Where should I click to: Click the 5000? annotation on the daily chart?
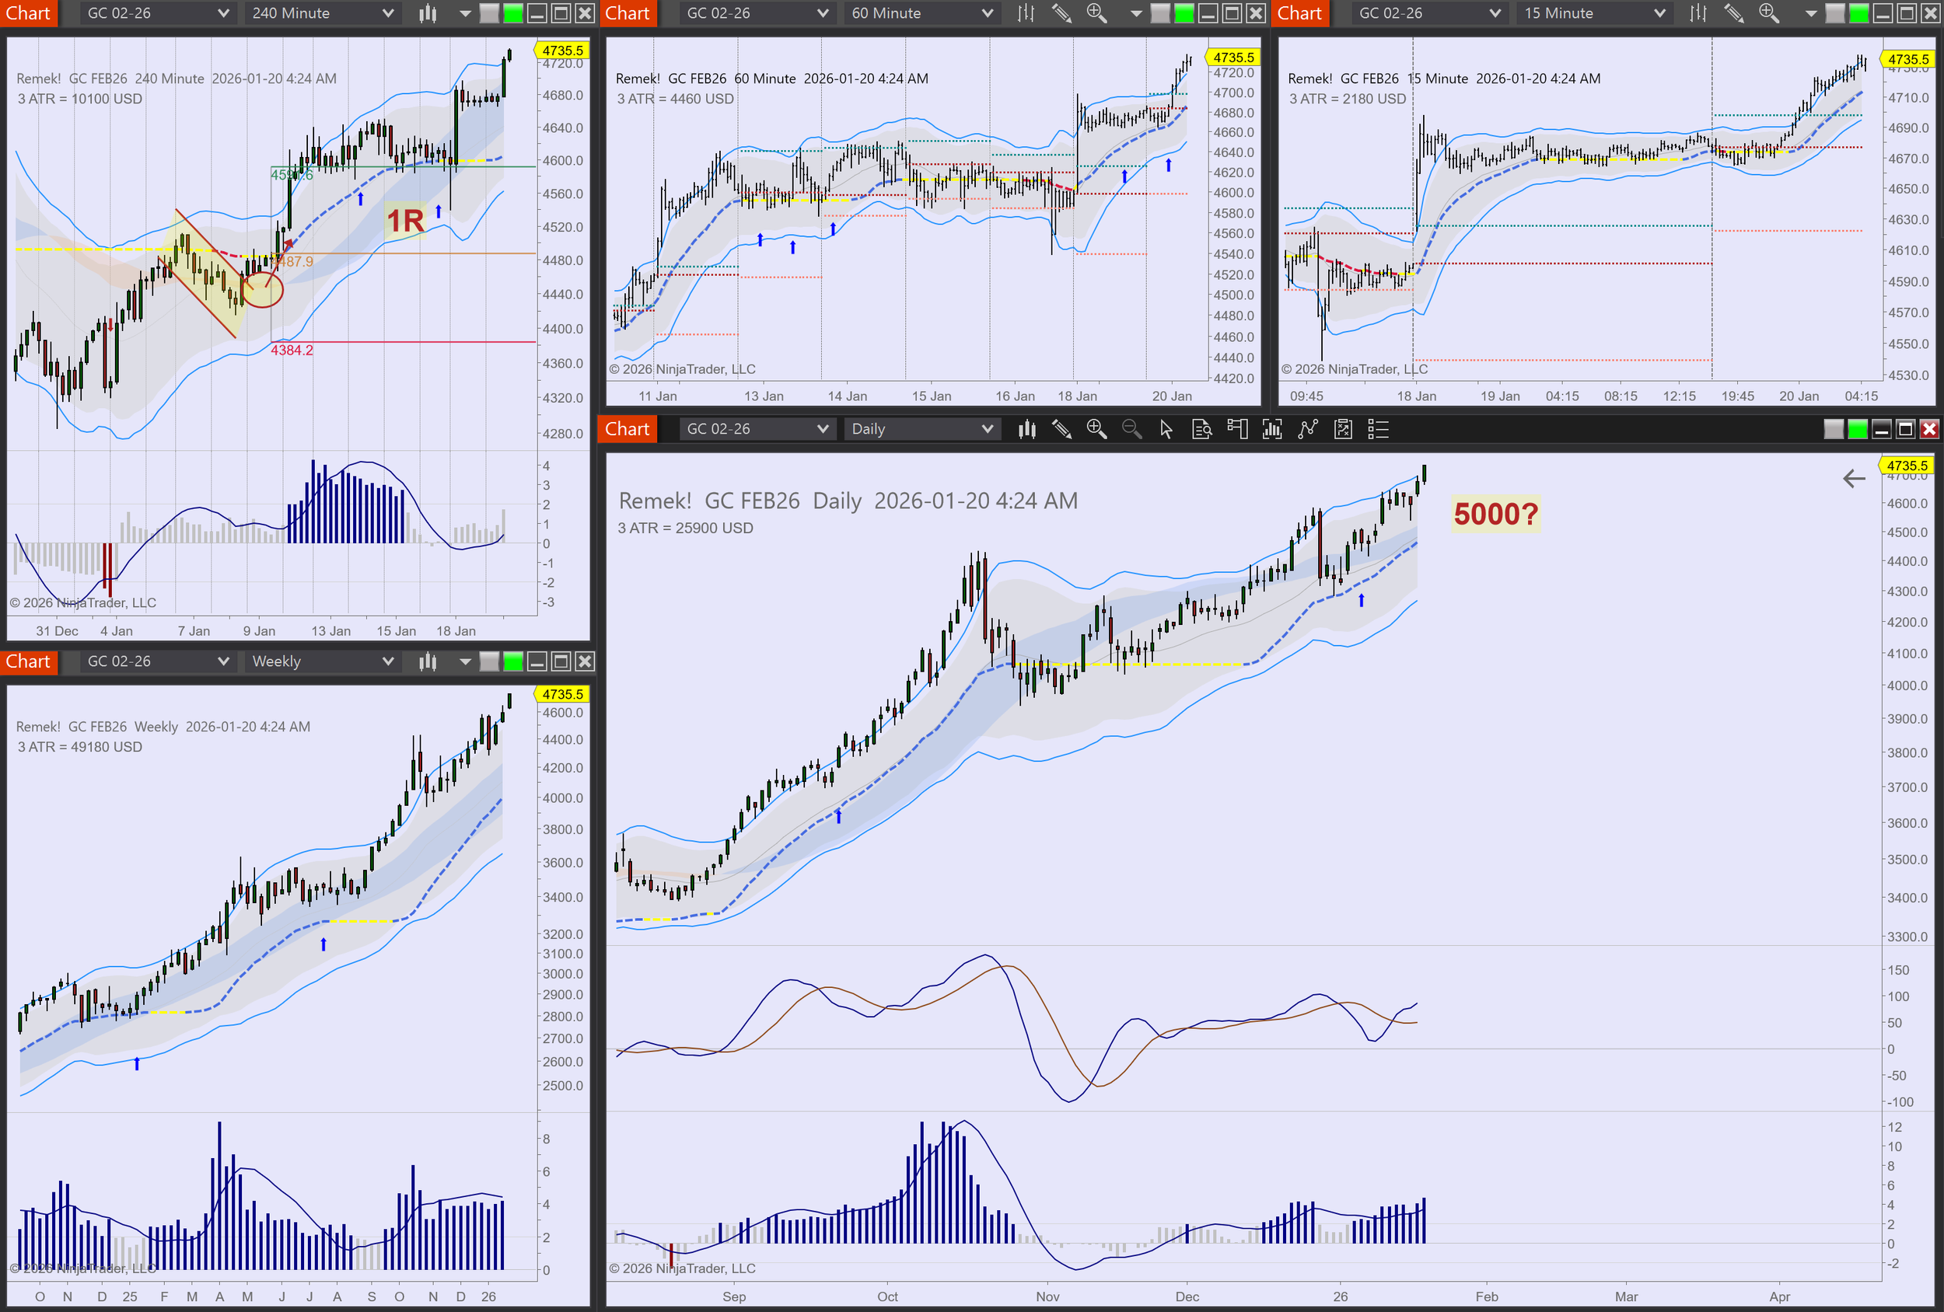[x=1495, y=515]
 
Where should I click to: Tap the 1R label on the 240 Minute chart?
[x=406, y=222]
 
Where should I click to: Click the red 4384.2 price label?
[x=292, y=351]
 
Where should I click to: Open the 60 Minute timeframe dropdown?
[x=921, y=13]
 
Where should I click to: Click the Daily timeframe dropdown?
[x=921, y=429]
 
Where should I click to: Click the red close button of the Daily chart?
[x=1929, y=429]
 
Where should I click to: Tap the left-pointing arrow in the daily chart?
[x=1854, y=478]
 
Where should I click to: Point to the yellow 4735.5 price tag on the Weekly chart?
[x=562, y=694]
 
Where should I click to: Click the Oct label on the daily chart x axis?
[x=887, y=1296]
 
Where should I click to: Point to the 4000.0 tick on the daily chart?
[x=1907, y=686]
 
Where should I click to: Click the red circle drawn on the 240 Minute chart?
[x=263, y=289]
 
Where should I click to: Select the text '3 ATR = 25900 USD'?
[x=685, y=528]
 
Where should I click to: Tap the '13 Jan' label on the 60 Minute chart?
[x=764, y=396]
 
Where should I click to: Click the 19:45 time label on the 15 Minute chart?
[x=1737, y=396]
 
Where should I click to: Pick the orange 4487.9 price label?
[x=295, y=262]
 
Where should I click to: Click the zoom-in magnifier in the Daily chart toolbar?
[x=1096, y=429]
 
